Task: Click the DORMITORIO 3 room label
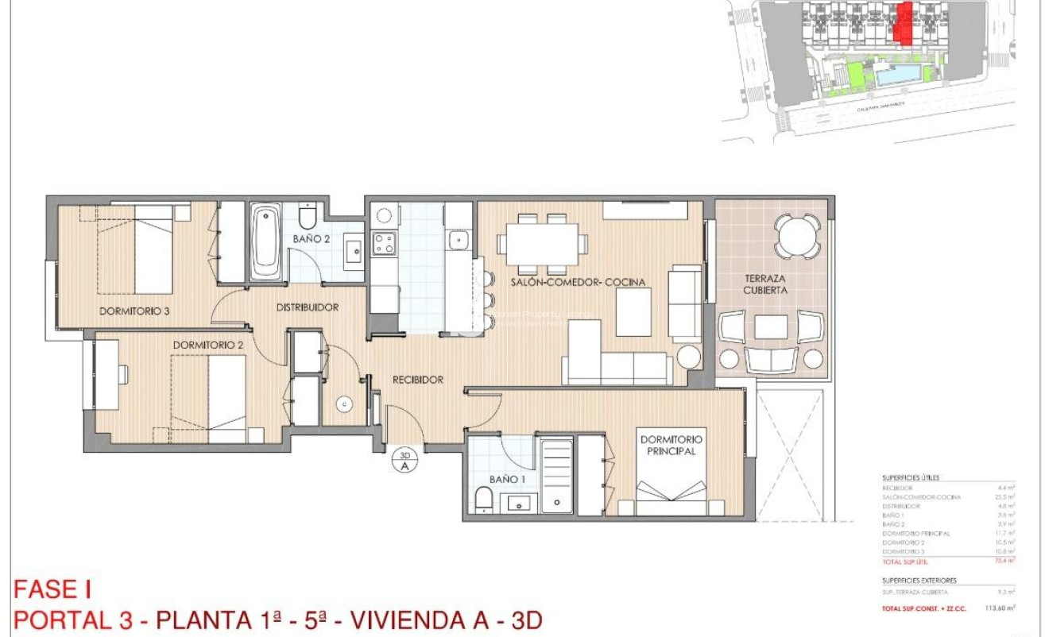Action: click(134, 311)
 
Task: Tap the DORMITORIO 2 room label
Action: click(207, 345)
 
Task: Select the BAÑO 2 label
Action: click(311, 238)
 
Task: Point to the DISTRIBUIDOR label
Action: click(308, 307)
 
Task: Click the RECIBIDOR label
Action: click(417, 380)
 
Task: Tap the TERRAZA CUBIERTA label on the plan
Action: click(765, 284)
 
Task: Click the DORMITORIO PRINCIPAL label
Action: click(671, 445)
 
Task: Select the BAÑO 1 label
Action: click(508, 479)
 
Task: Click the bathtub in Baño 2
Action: click(265, 241)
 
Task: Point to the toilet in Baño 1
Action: click(483, 500)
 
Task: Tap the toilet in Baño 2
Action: click(308, 216)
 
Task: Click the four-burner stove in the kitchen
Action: click(384, 243)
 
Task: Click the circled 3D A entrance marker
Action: click(404, 461)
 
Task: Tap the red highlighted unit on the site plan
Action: click(903, 24)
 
